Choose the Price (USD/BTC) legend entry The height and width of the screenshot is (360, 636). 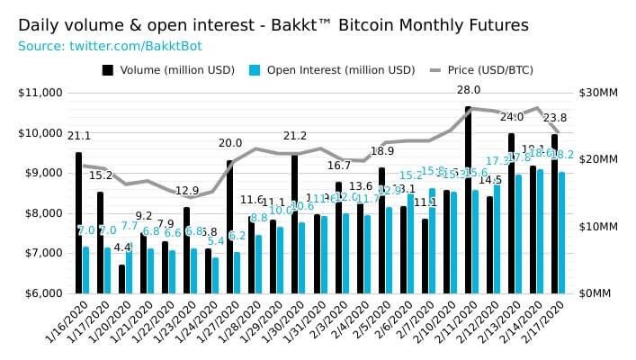click(x=505, y=69)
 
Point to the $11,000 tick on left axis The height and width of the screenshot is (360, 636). click(x=40, y=93)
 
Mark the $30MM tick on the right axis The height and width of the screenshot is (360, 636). click(x=596, y=93)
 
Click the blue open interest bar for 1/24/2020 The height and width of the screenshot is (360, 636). click(x=216, y=275)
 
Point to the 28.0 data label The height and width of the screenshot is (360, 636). click(x=469, y=90)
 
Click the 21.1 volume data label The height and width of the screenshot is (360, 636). click(x=79, y=136)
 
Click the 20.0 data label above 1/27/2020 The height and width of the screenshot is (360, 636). click(x=230, y=143)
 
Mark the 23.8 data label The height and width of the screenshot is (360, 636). click(x=555, y=118)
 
